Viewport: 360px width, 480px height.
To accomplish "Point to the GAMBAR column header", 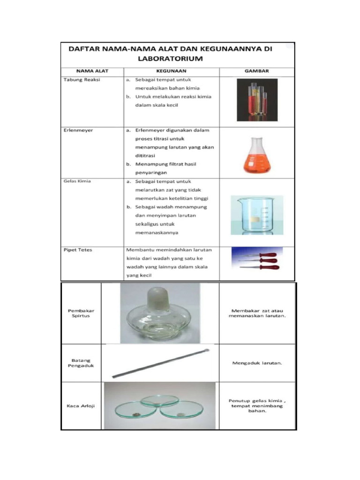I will pyautogui.click(x=256, y=71).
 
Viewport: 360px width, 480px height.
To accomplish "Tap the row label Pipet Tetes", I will pyautogui.click(x=78, y=250).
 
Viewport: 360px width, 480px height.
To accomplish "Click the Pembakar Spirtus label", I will pyautogui.click(x=78, y=313).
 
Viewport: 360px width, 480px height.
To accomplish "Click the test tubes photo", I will pyautogui.click(x=257, y=99).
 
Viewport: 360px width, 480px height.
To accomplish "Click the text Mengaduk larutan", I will pyautogui.click(x=256, y=363).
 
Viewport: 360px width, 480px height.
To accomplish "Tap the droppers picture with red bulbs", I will pyautogui.click(x=257, y=261).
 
